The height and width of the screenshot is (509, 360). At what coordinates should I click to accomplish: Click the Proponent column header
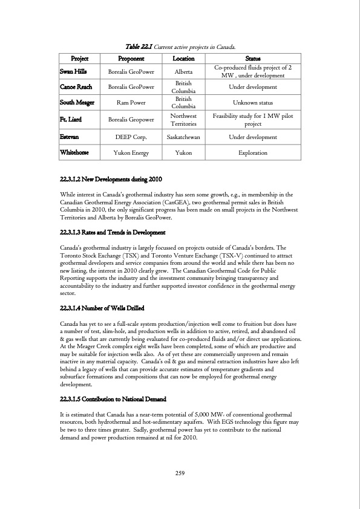pos(131,59)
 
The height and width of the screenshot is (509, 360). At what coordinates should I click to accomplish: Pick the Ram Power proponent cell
pos(131,103)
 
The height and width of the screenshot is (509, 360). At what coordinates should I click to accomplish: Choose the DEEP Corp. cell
pos(131,137)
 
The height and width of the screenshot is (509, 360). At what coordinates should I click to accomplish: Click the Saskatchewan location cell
pos(183,137)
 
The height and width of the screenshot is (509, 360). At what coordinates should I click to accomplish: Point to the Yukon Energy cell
pos(131,153)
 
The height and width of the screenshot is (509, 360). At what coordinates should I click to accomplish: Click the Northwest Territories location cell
pos(183,120)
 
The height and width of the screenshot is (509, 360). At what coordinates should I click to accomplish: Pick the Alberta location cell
pos(183,71)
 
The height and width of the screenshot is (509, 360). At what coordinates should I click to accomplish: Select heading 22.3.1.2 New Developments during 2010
pos(111,181)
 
